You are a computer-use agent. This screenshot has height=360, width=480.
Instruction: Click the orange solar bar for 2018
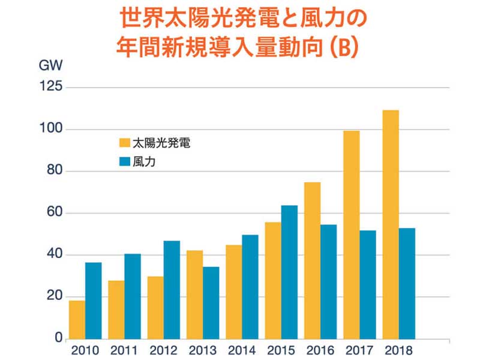[x=391, y=224]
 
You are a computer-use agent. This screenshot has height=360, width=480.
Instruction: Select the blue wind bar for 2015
[x=289, y=272]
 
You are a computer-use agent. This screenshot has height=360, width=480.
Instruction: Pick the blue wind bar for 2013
[x=211, y=302]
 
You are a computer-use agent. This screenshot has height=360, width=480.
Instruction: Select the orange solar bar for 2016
[x=312, y=260]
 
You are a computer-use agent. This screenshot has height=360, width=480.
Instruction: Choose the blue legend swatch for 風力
[x=125, y=161]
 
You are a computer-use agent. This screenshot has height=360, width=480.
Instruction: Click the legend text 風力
[x=144, y=161]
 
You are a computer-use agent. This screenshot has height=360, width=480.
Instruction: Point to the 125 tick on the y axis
[x=49, y=88]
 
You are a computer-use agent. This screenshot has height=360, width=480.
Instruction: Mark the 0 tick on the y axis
[x=58, y=339]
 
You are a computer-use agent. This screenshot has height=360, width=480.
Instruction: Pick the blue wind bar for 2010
[x=93, y=301]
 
